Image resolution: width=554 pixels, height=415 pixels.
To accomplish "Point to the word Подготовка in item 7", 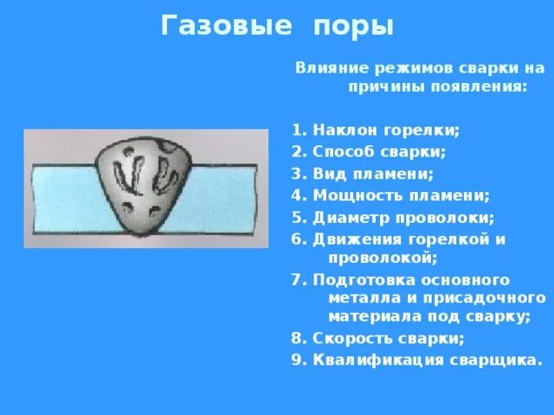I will pos(356,280).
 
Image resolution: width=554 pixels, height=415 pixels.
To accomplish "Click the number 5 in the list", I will pos(295,217).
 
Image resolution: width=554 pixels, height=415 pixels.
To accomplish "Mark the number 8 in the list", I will pos(295,338).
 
